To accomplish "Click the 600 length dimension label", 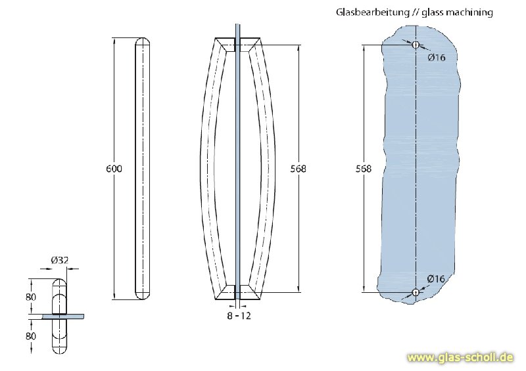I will click(x=114, y=169).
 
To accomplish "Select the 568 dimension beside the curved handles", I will click(x=298, y=169).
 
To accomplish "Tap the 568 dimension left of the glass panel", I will click(x=363, y=169).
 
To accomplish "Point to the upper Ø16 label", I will click(x=437, y=57).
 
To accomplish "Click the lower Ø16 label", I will click(x=437, y=279).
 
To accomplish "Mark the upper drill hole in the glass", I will click(x=415, y=45).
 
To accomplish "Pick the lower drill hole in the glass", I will click(x=415, y=292).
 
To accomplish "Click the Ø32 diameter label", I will click(x=59, y=260).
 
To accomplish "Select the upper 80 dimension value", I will click(x=30, y=297).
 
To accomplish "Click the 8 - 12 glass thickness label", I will click(x=237, y=316).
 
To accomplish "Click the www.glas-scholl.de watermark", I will click(x=460, y=358).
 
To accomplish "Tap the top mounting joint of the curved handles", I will click(x=237, y=45).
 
